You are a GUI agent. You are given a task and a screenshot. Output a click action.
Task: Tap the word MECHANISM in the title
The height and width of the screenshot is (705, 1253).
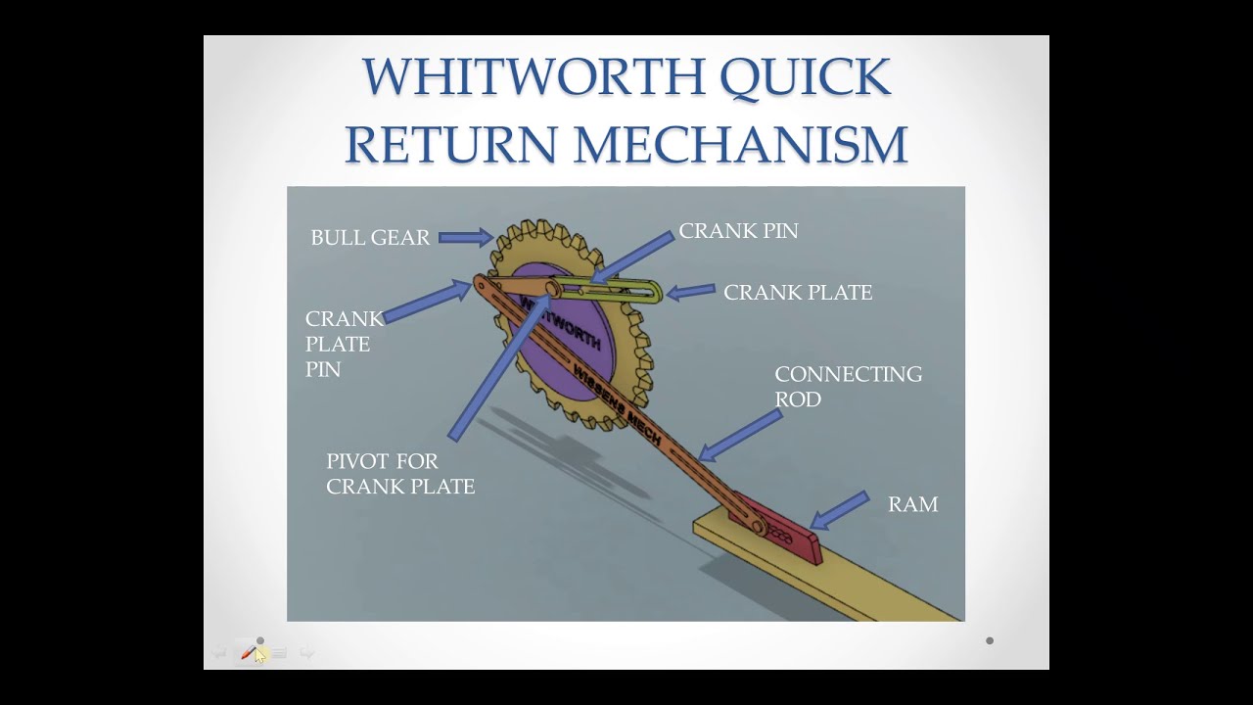(740, 144)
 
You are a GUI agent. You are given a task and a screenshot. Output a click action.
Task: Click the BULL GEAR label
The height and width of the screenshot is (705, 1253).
(370, 237)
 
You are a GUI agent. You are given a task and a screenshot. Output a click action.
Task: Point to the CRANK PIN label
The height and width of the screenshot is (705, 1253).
(738, 231)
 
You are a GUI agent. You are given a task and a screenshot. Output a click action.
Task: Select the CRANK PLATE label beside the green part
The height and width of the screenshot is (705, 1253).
(798, 293)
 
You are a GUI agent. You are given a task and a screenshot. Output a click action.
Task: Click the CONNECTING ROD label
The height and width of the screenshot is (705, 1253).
(848, 386)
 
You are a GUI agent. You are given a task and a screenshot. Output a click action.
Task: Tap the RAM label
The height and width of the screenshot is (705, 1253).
(912, 504)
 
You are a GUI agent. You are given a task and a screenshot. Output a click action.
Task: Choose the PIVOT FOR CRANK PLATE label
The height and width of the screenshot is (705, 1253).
(400, 473)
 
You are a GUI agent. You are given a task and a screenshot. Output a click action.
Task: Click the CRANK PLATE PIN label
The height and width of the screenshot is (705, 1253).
(343, 344)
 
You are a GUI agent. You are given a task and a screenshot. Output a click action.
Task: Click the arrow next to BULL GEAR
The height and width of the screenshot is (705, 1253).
(465, 237)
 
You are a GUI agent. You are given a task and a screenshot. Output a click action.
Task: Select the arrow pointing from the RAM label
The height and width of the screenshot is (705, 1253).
(840, 510)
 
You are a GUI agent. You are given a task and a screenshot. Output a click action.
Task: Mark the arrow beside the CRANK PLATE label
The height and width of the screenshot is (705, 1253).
(690, 291)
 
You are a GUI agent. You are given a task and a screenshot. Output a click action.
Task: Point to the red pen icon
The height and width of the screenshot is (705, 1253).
(249, 652)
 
